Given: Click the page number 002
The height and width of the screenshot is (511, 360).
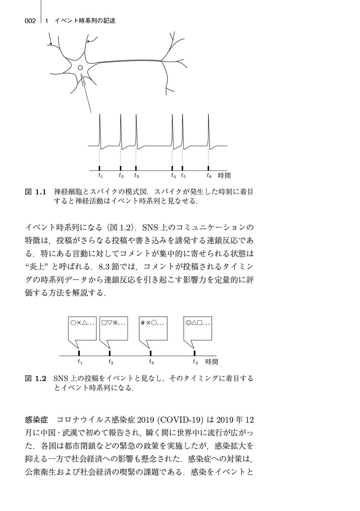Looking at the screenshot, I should tap(30, 21).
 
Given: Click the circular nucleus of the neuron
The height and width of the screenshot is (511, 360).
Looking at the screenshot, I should tap(80, 68).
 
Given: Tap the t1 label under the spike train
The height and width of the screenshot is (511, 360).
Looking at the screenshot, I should tap(100, 176).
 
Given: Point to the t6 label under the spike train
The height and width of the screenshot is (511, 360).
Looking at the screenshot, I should tap(209, 176).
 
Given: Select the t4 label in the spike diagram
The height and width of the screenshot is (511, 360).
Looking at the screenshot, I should tap(173, 176).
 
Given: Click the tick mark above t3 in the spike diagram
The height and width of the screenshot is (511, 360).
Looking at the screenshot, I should tap(136, 168).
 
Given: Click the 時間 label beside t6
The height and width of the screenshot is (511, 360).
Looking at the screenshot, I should tap(224, 176).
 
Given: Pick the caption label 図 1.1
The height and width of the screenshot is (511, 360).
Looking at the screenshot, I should tap(35, 192).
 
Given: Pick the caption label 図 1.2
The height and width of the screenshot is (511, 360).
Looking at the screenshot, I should tap(35, 378).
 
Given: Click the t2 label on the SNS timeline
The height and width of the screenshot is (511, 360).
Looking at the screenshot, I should tap(110, 362).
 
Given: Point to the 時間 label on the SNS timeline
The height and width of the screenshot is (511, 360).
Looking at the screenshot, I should tap(212, 362).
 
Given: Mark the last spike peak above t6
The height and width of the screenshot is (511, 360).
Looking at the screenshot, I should tap(208, 116).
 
